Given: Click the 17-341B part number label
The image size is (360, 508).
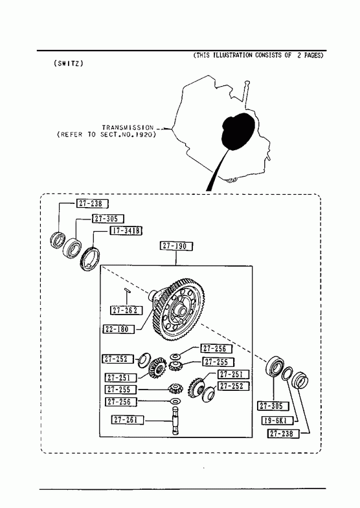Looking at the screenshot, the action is (126, 230).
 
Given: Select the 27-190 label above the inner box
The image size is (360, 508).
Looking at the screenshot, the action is (176, 246).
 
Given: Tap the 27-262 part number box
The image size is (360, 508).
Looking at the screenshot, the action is (126, 310).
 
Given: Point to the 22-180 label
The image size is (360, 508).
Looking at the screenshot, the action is (119, 329).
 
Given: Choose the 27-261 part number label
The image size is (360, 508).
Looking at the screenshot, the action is (128, 419).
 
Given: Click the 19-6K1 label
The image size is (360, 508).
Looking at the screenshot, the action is (277, 421).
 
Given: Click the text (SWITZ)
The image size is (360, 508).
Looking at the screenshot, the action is (69, 63).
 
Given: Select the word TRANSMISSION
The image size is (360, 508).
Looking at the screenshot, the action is (128, 127).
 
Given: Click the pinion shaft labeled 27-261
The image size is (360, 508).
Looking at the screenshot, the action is (176, 420).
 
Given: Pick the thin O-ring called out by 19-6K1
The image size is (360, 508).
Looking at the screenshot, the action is (287, 373).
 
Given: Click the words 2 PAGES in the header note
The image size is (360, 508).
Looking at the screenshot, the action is (310, 56).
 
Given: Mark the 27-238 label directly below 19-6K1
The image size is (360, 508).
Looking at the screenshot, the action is (283, 434).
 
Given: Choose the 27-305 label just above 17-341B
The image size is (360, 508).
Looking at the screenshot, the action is (107, 219).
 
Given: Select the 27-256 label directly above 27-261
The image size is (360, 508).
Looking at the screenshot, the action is (121, 402).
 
